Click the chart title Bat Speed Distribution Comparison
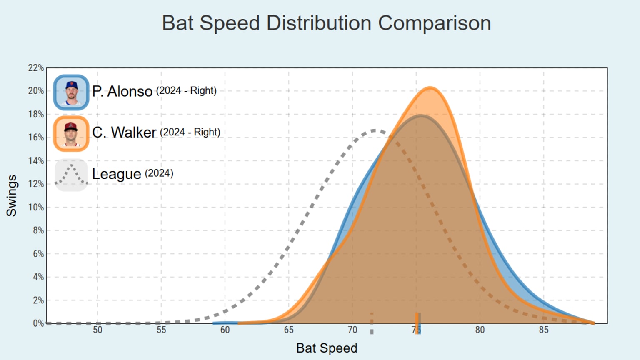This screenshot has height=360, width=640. click(x=326, y=23)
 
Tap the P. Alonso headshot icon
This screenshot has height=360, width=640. click(x=71, y=92)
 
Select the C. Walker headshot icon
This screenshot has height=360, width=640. click(x=71, y=133)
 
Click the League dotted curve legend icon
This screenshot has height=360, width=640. click(x=71, y=175)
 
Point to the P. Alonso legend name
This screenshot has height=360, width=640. click(x=122, y=91)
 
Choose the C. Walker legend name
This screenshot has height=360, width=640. click(x=124, y=132)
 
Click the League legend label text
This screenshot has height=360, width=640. click(x=116, y=174)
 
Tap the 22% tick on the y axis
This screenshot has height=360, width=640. click(x=36, y=68)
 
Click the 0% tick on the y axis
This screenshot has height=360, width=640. click(x=38, y=323)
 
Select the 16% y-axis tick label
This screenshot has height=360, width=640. click(x=36, y=137)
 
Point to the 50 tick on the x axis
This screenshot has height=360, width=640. click(x=97, y=330)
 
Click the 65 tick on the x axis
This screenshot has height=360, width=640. click(x=289, y=330)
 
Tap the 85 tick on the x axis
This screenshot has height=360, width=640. click(x=543, y=330)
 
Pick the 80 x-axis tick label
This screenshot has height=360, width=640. click(x=480, y=330)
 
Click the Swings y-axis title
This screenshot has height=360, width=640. click(x=12, y=195)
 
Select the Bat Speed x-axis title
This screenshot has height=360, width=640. click(x=327, y=348)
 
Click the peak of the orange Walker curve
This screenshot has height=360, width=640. click(x=430, y=88)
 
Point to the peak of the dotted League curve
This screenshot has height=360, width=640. click(x=374, y=130)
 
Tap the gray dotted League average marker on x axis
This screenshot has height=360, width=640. click(x=372, y=323)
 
